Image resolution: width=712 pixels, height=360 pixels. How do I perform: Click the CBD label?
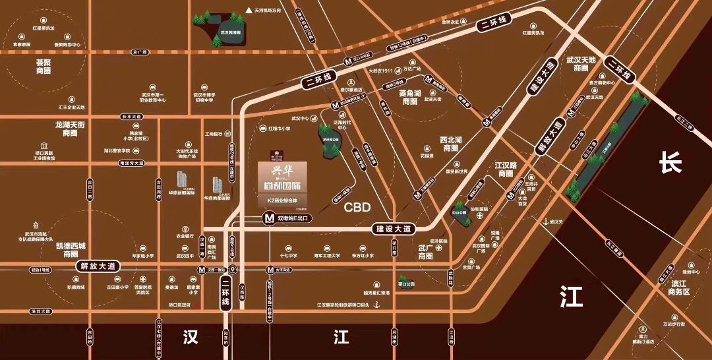357,207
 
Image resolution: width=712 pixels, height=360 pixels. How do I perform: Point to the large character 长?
670,164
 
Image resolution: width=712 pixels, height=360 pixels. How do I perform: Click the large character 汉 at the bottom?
190,337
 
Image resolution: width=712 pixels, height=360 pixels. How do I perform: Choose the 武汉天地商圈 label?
581,64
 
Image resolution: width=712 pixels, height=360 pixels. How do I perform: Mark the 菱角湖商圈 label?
410,98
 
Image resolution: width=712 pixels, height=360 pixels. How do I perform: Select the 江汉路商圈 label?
506,170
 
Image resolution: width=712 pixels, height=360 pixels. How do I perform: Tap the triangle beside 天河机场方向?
249,11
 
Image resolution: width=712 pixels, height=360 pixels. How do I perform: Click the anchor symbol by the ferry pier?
376,304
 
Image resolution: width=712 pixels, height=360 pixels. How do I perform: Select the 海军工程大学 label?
326,255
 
